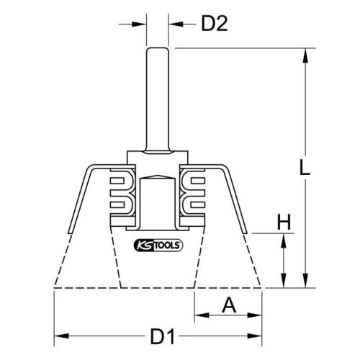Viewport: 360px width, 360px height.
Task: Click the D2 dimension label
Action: (215, 24)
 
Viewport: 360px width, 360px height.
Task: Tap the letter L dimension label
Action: (305, 167)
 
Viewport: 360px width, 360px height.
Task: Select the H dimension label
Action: (284, 222)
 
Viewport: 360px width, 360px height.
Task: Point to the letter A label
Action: (229, 305)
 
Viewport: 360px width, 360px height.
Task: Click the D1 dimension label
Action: (163, 337)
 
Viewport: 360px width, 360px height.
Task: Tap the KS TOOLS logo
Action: (158, 246)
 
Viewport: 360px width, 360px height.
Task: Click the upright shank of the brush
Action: (158, 99)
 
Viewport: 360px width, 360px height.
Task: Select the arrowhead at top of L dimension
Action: (305, 55)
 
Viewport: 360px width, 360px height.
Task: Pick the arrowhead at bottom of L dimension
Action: (305, 280)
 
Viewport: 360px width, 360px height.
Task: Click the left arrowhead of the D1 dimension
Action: (61, 336)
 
